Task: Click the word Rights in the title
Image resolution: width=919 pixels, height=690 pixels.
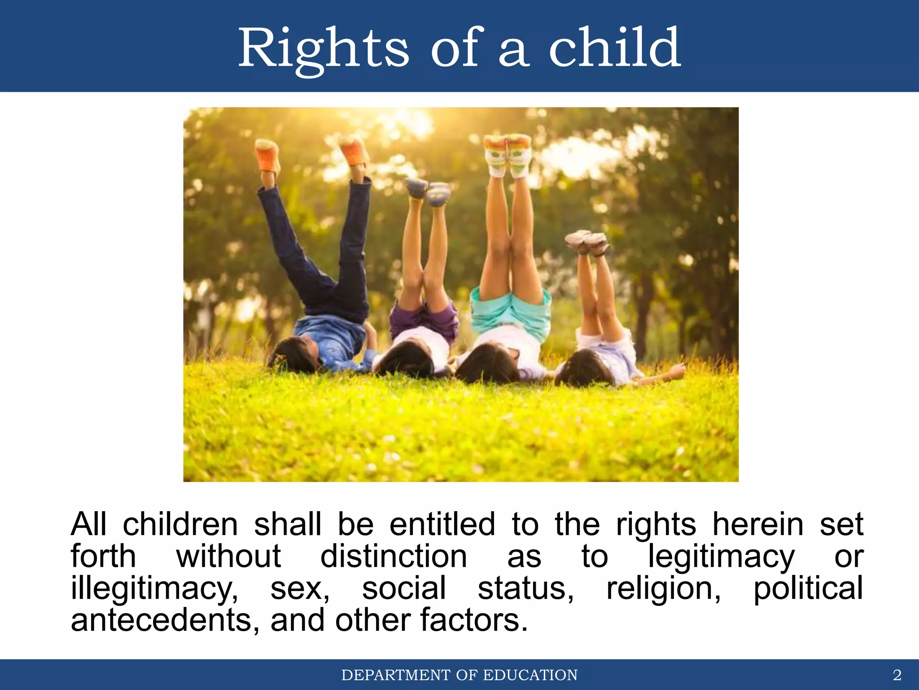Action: click(323, 49)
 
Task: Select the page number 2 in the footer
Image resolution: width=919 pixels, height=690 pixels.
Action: click(897, 675)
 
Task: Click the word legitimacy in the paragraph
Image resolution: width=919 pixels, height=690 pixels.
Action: click(721, 557)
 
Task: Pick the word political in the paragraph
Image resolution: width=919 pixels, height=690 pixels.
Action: click(808, 588)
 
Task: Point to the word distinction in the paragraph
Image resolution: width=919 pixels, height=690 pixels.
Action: click(394, 557)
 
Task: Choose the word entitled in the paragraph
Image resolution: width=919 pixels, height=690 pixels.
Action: click(442, 524)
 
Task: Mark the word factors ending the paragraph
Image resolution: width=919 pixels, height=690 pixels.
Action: click(473, 620)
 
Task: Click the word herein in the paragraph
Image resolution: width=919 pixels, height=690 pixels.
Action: click(758, 524)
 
